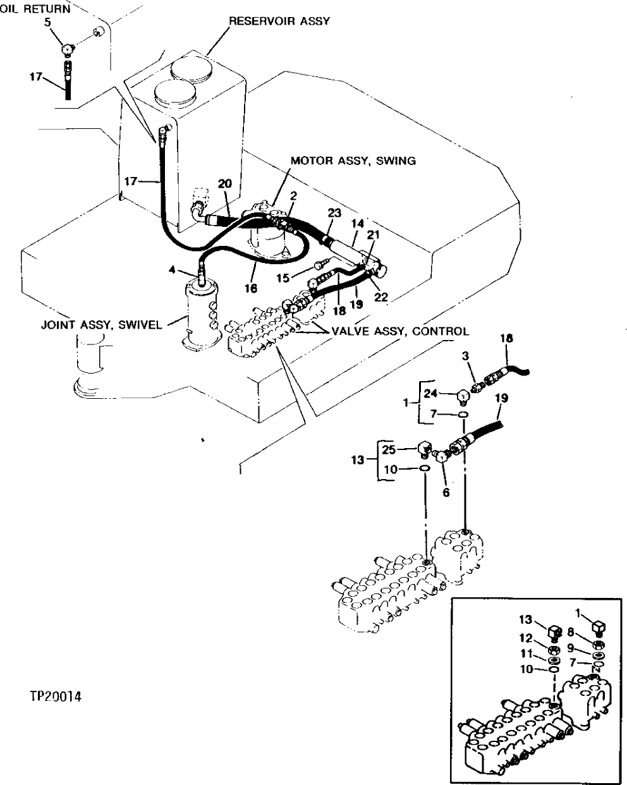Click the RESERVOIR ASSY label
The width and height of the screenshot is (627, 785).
tap(279, 21)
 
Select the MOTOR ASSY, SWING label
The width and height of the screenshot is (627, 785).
tap(353, 161)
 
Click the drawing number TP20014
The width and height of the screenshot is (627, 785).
tap(56, 697)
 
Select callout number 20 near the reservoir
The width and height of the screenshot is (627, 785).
tap(224, 183)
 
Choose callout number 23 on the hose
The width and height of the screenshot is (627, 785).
tap(334, 213)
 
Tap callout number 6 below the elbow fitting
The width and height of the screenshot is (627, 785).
tap(446, 492)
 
